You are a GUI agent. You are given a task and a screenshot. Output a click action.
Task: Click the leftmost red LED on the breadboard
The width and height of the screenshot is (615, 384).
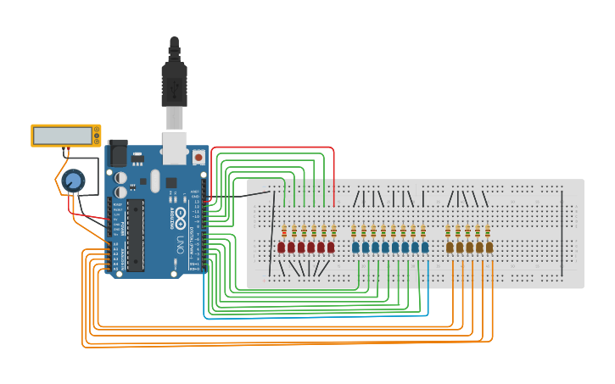[282, 248]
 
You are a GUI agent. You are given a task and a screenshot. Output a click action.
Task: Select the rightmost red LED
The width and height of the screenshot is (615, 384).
[331, 248]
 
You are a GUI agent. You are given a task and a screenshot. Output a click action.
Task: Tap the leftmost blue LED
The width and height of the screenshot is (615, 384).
[355, 248]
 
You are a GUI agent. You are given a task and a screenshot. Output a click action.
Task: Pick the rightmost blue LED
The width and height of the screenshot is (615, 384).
[424, 248]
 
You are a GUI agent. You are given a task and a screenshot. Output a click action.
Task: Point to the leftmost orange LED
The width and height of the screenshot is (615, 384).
[450, 248]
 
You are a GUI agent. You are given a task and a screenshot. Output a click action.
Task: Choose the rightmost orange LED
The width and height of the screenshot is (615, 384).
[489, 248]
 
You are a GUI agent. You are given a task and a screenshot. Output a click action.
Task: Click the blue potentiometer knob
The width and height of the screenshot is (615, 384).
[74, 180]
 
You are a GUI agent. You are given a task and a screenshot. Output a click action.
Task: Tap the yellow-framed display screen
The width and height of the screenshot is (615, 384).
[61, 135]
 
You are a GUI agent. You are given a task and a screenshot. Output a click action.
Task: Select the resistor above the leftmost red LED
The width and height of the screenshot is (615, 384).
[284, 231]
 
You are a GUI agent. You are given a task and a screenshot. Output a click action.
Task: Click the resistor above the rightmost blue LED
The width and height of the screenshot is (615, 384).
[422, 231]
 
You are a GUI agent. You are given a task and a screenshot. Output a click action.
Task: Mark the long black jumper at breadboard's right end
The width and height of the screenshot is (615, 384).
[562, 233]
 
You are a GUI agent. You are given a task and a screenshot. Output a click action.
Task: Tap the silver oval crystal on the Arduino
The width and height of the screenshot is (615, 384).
[154, 180]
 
